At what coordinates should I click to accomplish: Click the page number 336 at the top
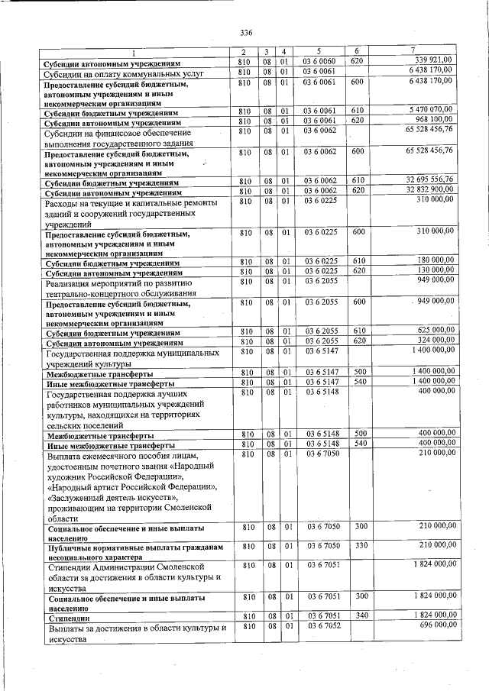pos(246,32)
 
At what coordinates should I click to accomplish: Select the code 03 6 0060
pos(320,60)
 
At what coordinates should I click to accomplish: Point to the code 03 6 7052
pos(320,625)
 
